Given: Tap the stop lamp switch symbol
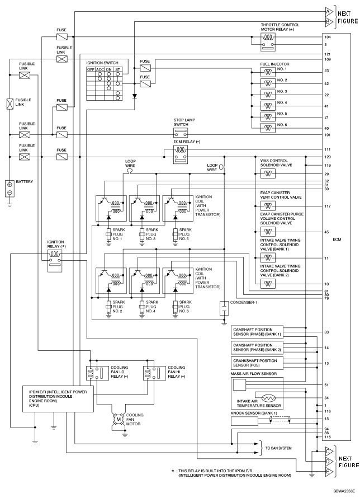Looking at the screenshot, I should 180,133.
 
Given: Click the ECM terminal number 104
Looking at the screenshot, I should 326,36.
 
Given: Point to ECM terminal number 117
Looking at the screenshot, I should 326,206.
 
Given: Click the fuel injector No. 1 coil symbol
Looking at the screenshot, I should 268,71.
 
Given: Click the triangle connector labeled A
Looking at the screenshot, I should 328,11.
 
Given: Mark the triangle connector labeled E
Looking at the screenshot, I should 328,473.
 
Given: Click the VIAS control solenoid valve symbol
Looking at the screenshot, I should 268,173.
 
